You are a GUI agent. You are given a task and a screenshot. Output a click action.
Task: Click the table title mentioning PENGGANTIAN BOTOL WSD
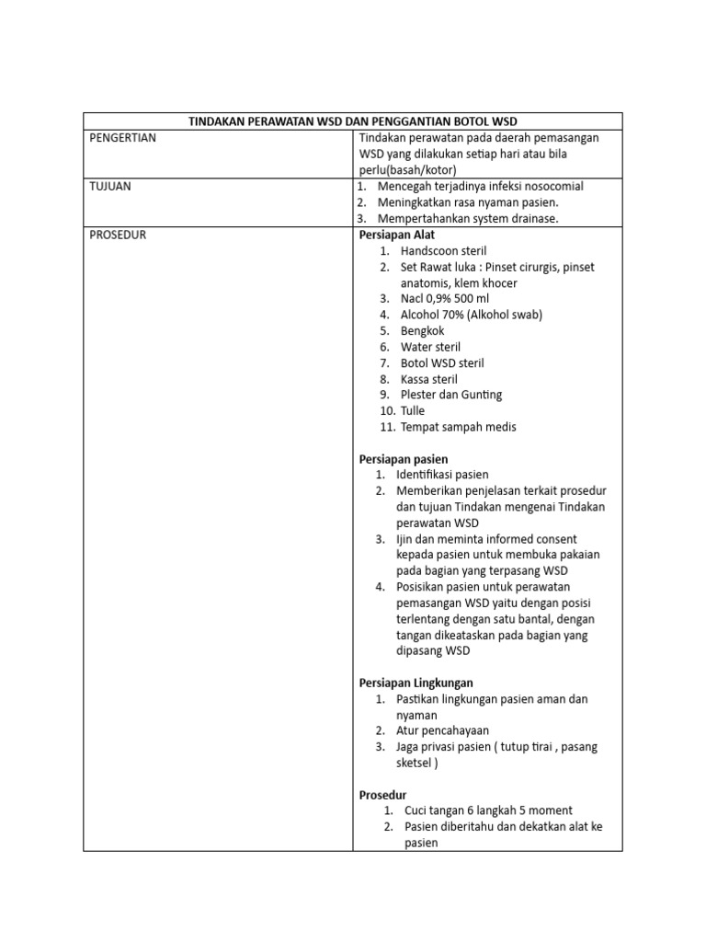[353, 121]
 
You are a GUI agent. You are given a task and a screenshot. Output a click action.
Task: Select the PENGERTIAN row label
[122, 138]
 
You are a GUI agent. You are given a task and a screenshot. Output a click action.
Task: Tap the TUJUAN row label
[110, 186]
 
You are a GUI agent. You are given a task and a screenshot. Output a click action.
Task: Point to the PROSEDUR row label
[118, 235]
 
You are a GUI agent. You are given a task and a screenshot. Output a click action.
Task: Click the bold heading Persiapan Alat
[397, 235]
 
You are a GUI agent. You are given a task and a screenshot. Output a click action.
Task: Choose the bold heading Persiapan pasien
[403, 458]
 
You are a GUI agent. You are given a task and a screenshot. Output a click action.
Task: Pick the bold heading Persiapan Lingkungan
[416, 683]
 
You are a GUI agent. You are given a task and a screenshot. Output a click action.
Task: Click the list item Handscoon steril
[443, 250]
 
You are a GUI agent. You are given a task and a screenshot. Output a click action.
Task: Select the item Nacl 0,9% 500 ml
[445, 299]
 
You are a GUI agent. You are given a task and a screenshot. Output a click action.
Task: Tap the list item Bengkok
[422, 330]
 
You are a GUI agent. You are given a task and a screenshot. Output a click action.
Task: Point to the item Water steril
[430, 347]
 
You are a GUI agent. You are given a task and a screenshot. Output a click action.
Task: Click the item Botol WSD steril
[442, 363]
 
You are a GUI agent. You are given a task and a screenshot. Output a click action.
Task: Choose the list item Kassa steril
[428, 379]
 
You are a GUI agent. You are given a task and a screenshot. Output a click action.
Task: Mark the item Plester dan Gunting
[450, 395]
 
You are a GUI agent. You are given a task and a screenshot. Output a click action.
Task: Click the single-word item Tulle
[415, 411]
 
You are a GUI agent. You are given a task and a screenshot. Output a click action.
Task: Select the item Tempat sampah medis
[458, 427]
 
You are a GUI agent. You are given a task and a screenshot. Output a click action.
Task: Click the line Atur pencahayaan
[442, 730]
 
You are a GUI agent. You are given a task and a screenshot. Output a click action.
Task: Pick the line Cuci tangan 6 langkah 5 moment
[488, 810]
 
